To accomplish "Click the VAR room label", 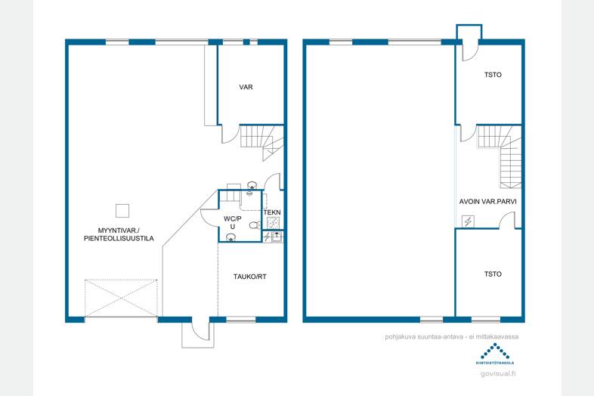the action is (246, 87).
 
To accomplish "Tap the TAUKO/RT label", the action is (249, 277).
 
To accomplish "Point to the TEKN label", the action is (272, 212).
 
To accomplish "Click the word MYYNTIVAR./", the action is (119, 230).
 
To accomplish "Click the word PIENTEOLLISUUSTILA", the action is (119, 238).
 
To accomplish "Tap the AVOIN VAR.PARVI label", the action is (488, 202).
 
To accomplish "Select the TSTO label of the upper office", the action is (493, 75).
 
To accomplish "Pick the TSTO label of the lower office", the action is (493, 274).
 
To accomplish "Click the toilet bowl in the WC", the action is (255, 225).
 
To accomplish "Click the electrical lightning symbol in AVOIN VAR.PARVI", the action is (468, 221).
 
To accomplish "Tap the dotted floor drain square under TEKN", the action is (273, 223).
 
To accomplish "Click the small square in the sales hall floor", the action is (122, 211).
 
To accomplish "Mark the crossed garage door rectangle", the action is (121, 298).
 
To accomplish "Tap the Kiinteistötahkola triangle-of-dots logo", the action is (495, 351).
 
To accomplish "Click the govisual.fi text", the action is (498, 373).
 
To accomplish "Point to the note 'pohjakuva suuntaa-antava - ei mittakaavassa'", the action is (452, 336).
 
